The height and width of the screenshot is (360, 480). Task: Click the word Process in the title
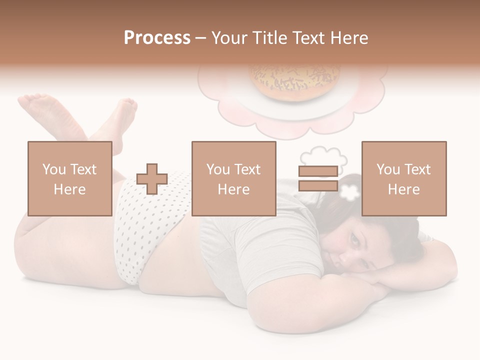(x=157, y=38)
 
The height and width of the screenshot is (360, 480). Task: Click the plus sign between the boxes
(x=152, y=179)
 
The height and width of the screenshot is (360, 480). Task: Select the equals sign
(x=318, y=178)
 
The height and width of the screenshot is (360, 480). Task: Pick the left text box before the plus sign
(x=69, y=178)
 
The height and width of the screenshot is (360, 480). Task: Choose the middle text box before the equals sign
(x=233, y=178)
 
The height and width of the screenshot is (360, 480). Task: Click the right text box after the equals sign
(x=403, y=178)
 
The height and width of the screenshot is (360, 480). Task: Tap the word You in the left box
(x=53, y=169)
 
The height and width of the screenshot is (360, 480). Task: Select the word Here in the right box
(x=403, y=189)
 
